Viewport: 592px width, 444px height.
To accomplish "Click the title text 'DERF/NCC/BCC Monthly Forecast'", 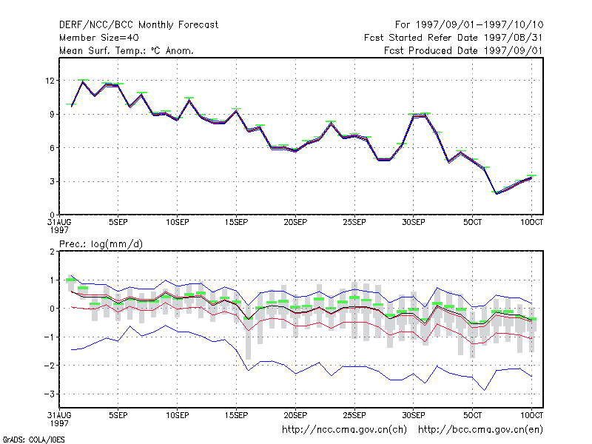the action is click(x=138, y=25).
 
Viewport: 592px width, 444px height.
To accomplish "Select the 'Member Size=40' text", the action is click(x=99, y=38).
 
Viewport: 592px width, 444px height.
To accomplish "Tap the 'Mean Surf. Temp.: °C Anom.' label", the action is click(x=127, y=50).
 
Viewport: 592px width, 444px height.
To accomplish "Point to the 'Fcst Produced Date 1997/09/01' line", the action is click(x=463, y=50).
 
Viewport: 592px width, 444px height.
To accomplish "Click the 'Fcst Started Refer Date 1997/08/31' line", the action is click(x=454, y=38).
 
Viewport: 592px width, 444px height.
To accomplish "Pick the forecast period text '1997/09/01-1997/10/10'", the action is click(x=480, y=25).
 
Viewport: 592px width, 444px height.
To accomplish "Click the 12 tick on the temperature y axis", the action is click(x=50, y=81).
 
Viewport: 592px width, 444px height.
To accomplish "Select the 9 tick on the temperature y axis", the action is click(x=52, y=115).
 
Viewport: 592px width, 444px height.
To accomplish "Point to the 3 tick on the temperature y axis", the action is click(x=52, y=181).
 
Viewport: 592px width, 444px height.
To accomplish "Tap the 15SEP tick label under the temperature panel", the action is click(x=236, y=223).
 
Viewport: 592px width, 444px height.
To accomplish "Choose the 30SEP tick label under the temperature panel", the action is click(x=414, y=223).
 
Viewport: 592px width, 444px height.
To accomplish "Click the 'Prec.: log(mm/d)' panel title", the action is click(x=101, y=244).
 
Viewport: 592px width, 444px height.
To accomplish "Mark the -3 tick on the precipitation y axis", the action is click(x=49, y=394).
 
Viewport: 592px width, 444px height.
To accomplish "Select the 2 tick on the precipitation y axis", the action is click(x=52, y=252).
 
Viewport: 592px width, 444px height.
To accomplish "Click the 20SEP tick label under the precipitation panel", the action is click(x=295, y=415).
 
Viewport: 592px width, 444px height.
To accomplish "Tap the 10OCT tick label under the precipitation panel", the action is click(x=531, y=415).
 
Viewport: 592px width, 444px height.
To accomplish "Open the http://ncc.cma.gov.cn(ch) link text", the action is click(x=344, y=430).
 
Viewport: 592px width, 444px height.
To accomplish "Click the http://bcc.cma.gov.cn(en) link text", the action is click(x=480, y=430).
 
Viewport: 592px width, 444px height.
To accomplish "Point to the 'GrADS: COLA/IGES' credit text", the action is click(x=33, y=440).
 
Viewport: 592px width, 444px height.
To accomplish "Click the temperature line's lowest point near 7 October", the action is click(x=497, y=194).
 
